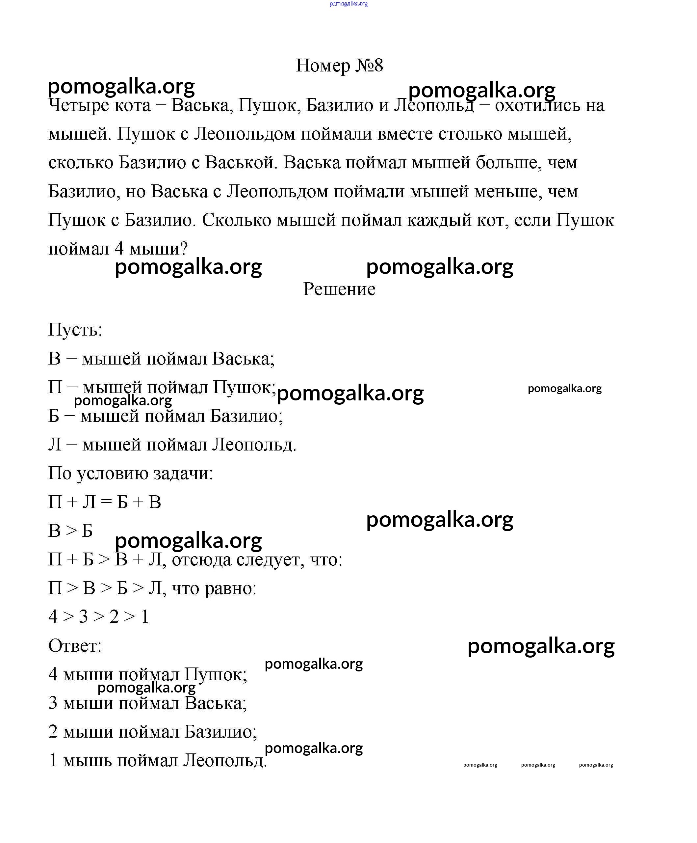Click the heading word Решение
339,289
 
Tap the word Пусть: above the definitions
75,330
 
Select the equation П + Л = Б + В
104,502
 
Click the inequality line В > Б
70,531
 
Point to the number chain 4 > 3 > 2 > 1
98,616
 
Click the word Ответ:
75,646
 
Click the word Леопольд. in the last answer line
225,760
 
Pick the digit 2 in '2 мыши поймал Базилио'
53,732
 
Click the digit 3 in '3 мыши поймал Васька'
53,703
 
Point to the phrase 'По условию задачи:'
130,474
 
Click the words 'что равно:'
214,588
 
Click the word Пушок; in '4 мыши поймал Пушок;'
216,674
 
